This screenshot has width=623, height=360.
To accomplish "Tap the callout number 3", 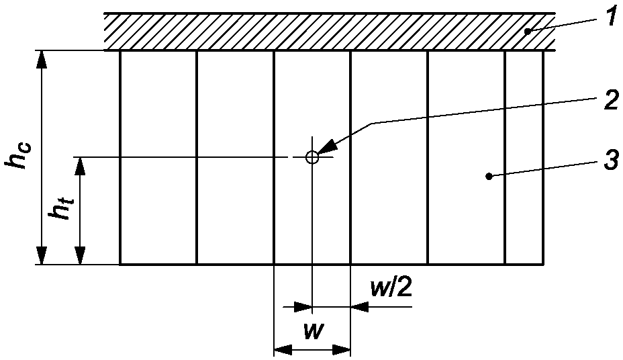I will tap(610, 162).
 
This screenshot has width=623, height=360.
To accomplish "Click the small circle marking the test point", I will tap(311, 157).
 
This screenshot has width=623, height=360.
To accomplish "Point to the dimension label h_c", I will tap(19, 156).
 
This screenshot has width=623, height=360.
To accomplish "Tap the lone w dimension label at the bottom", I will tap(311, 332).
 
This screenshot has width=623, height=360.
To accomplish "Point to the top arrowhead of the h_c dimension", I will tap(42, 59).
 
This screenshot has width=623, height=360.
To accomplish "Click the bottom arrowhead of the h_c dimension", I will tap(42, 256).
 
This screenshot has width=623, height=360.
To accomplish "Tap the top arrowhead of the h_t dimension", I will tap(80, 165).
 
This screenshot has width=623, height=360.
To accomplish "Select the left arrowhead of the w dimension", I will tap(282, 349).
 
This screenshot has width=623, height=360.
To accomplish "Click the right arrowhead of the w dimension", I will tap(342, 349).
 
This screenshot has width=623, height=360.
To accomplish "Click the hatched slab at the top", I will tap(329, 32).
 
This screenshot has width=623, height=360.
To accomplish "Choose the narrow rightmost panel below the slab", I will tap(524, 157).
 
